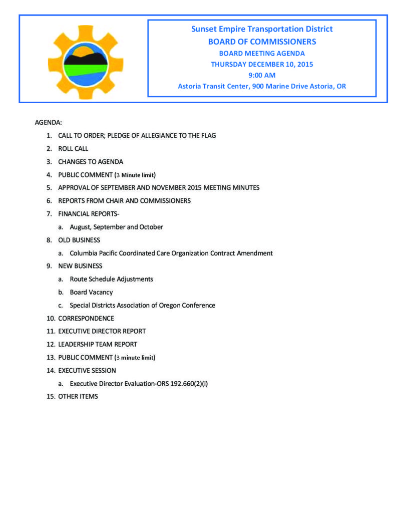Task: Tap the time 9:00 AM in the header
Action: [x=262, y=75]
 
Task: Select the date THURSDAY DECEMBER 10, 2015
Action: [x=262, y=64]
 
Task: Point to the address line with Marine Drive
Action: [x=262, y=86]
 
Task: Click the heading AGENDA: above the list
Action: [x=48, y=123]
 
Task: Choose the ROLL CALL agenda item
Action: [x=73, y=149]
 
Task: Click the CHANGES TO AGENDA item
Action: [x=91, y=162]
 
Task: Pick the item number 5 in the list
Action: [x=49, y=188]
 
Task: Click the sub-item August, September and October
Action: [x=116, y=227]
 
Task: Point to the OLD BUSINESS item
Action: [x=79, y=240]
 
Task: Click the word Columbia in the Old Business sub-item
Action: [x=84, y=253]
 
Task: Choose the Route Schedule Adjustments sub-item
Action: [x=111, y=279]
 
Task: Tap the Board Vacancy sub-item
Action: [x=91, y=292]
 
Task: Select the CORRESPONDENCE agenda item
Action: [x=86, y=318]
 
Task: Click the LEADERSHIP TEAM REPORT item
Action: [x=98, y=344]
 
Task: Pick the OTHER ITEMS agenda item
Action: [x=78, y=397]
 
